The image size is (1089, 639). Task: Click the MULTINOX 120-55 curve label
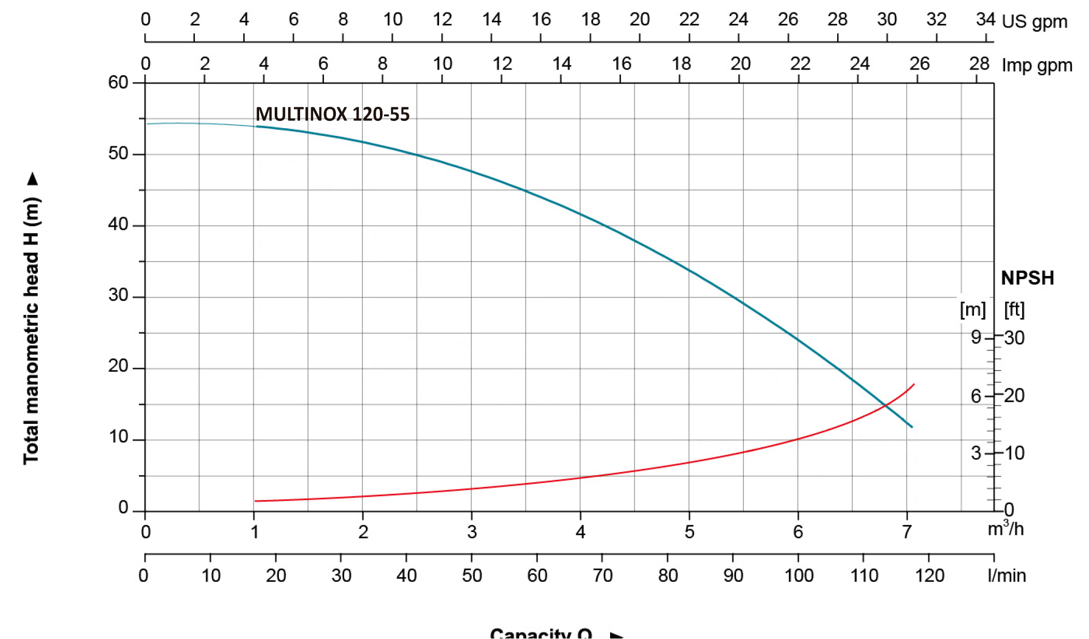pyautogui.click(x=332, y=114)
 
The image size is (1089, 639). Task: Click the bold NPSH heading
pyautogui.click(x=1027, y=278)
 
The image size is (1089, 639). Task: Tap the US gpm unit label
pyautogui.click(x=1034, y=22)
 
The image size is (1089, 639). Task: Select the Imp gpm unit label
pyautogui.click(x=1037, y=66)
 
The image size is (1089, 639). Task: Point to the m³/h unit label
pyautogui.click(x=1005, y=529)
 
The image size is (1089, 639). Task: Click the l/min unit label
pyautogui.click(x=1007, y=575)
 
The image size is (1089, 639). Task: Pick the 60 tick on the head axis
pyautogui.click(x=118, y=82)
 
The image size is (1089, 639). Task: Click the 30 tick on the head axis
pyautogui.click(x=118, y=295)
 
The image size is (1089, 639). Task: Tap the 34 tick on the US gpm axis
pyautogui.click(x=985, y=20)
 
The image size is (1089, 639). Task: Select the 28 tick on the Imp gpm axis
pyautogui.click(x=979, y=64)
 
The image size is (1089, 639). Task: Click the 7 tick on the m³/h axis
pyautogui.click(x=907, y=532)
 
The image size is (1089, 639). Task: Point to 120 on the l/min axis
pyautogui.click(x=929, y=575)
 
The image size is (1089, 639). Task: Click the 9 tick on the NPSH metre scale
pyautogui.click(x=976, y=337)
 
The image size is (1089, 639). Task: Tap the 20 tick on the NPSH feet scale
pyautogui.click(x=1014, y=396)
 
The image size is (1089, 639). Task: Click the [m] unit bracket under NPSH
pyautogui.click(x=972, y=310)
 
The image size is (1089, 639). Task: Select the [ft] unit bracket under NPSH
pyautogui.click(x=1014, y=310)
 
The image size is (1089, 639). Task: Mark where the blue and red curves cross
pyautogui.click(x=885, y=405)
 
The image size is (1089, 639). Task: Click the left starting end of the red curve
pyautogui.click(x=256, y=501)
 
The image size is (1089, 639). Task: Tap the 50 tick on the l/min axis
pyautogui.click(x=472, y=575)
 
